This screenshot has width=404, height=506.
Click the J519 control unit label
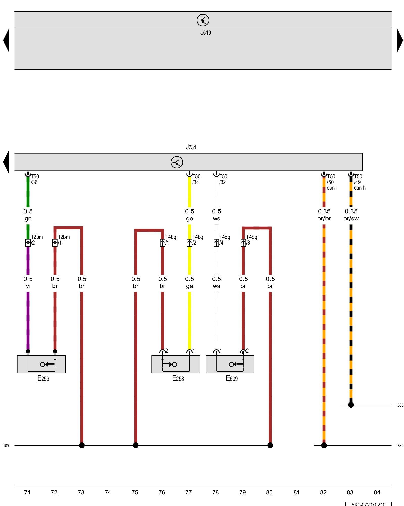coord(206,32)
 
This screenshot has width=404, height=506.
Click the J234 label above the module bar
coord(191,147)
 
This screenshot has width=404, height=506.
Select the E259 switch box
coord(41,364)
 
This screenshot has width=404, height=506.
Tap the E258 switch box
coord(176,364)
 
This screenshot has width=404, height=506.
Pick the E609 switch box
coord(230,364)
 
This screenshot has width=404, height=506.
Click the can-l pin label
coord(332,188)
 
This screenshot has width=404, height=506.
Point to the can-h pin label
coord(360,188)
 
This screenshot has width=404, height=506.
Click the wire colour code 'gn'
coord(28,219)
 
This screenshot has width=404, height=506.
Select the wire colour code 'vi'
coord(28,286)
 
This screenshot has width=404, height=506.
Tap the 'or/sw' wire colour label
coord(351,219)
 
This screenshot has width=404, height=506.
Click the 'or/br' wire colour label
coord(324,219)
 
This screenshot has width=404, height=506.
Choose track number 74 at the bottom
coord(108,492)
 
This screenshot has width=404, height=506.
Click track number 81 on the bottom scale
coord(296,492)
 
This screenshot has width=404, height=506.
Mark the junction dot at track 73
coord(82,445)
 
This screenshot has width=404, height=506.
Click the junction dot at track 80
coord(270,445)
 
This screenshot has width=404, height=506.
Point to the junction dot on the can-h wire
coord(351,405)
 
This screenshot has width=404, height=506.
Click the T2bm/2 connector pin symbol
coord(28,243)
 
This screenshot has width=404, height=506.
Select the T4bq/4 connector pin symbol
coord(216,243)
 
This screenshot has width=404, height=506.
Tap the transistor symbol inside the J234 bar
coord(177,162)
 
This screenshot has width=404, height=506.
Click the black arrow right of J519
coord(400,40)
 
